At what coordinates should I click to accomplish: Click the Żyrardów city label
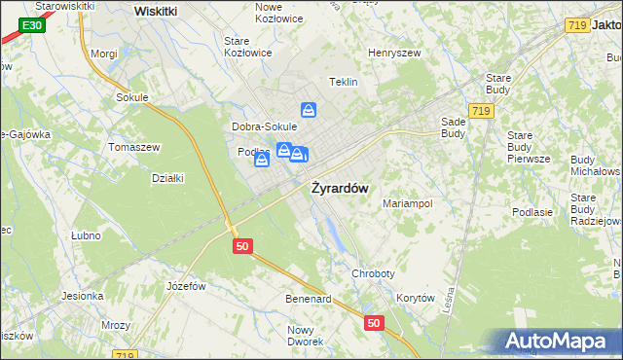coord(339,189)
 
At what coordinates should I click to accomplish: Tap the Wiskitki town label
coord(156,11)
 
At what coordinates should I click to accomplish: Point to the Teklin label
coord(345,83)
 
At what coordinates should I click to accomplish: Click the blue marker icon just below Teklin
coord(309,111)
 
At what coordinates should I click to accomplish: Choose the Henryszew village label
coord(392,54)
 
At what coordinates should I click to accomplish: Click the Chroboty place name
coord(371,275)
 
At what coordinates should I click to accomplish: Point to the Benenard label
coord(308,298)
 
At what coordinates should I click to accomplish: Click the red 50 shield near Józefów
coord(243,247)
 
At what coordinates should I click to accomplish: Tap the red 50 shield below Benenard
coord(374,322)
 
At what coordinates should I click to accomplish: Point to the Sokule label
coord(131,97)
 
